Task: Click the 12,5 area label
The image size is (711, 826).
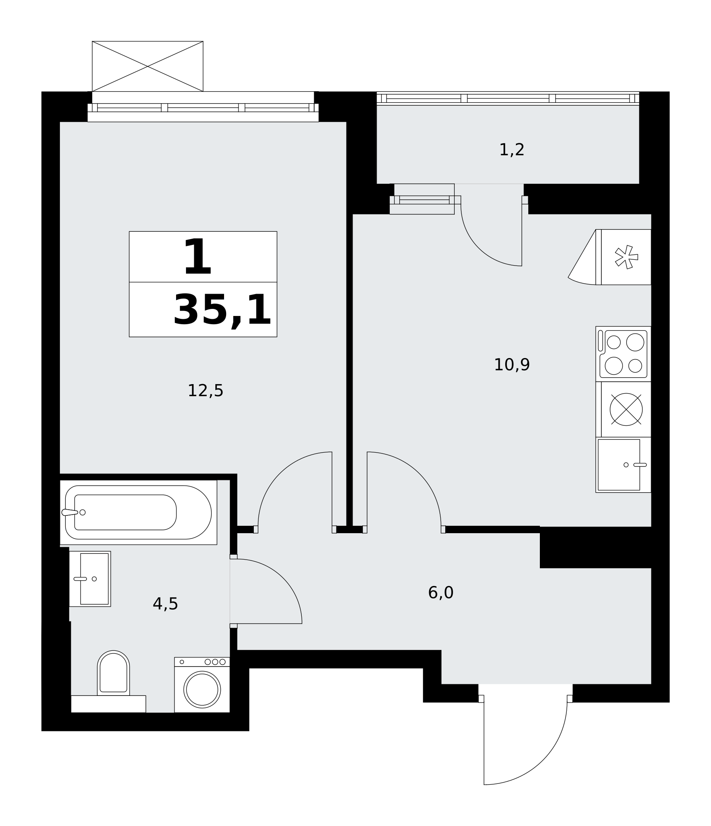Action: [205, 391]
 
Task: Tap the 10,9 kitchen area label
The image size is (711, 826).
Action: [512, 365]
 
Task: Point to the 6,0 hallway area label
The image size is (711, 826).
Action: [441, 593]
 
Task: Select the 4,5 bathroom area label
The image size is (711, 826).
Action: [165, 604]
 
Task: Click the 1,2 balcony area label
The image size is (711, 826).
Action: [512, 150]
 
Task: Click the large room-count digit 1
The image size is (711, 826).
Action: [198, 257]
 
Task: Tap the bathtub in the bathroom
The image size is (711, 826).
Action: [138, 512]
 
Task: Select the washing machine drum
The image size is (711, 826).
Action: [202, 689]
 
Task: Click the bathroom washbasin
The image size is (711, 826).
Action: [90, 579]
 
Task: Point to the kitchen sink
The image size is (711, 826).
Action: [623, 465]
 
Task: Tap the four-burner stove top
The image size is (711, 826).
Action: [623, 354]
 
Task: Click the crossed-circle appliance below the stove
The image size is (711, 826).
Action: [626, 409]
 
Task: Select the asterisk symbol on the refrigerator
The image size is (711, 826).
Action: [627, 257]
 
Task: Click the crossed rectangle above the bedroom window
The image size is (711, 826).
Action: [148, 66]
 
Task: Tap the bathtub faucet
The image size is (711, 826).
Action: [70, 512]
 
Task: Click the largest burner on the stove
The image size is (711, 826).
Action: [635, 342]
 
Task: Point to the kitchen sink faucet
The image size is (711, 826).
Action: [640, 465]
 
